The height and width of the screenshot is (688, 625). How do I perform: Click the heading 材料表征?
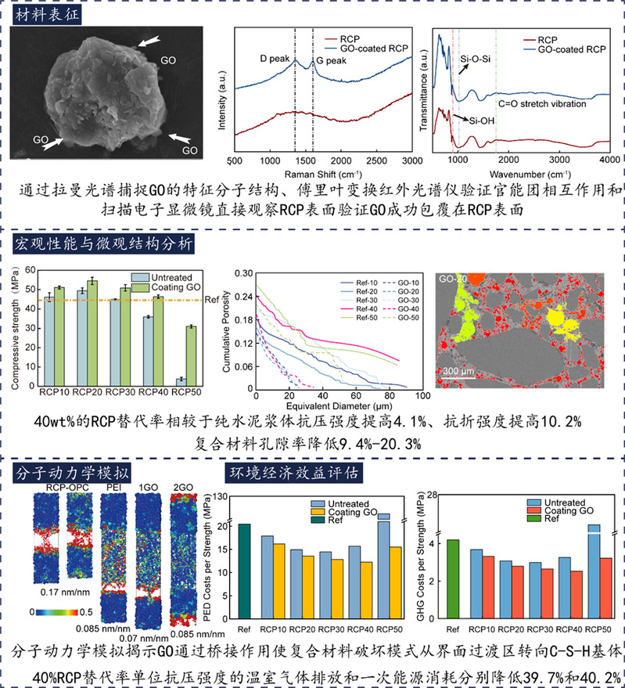(x=46, y=13)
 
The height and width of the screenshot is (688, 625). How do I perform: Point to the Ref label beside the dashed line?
(x=210, y=299)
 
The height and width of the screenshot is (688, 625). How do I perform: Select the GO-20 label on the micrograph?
(x=454, y=277)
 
